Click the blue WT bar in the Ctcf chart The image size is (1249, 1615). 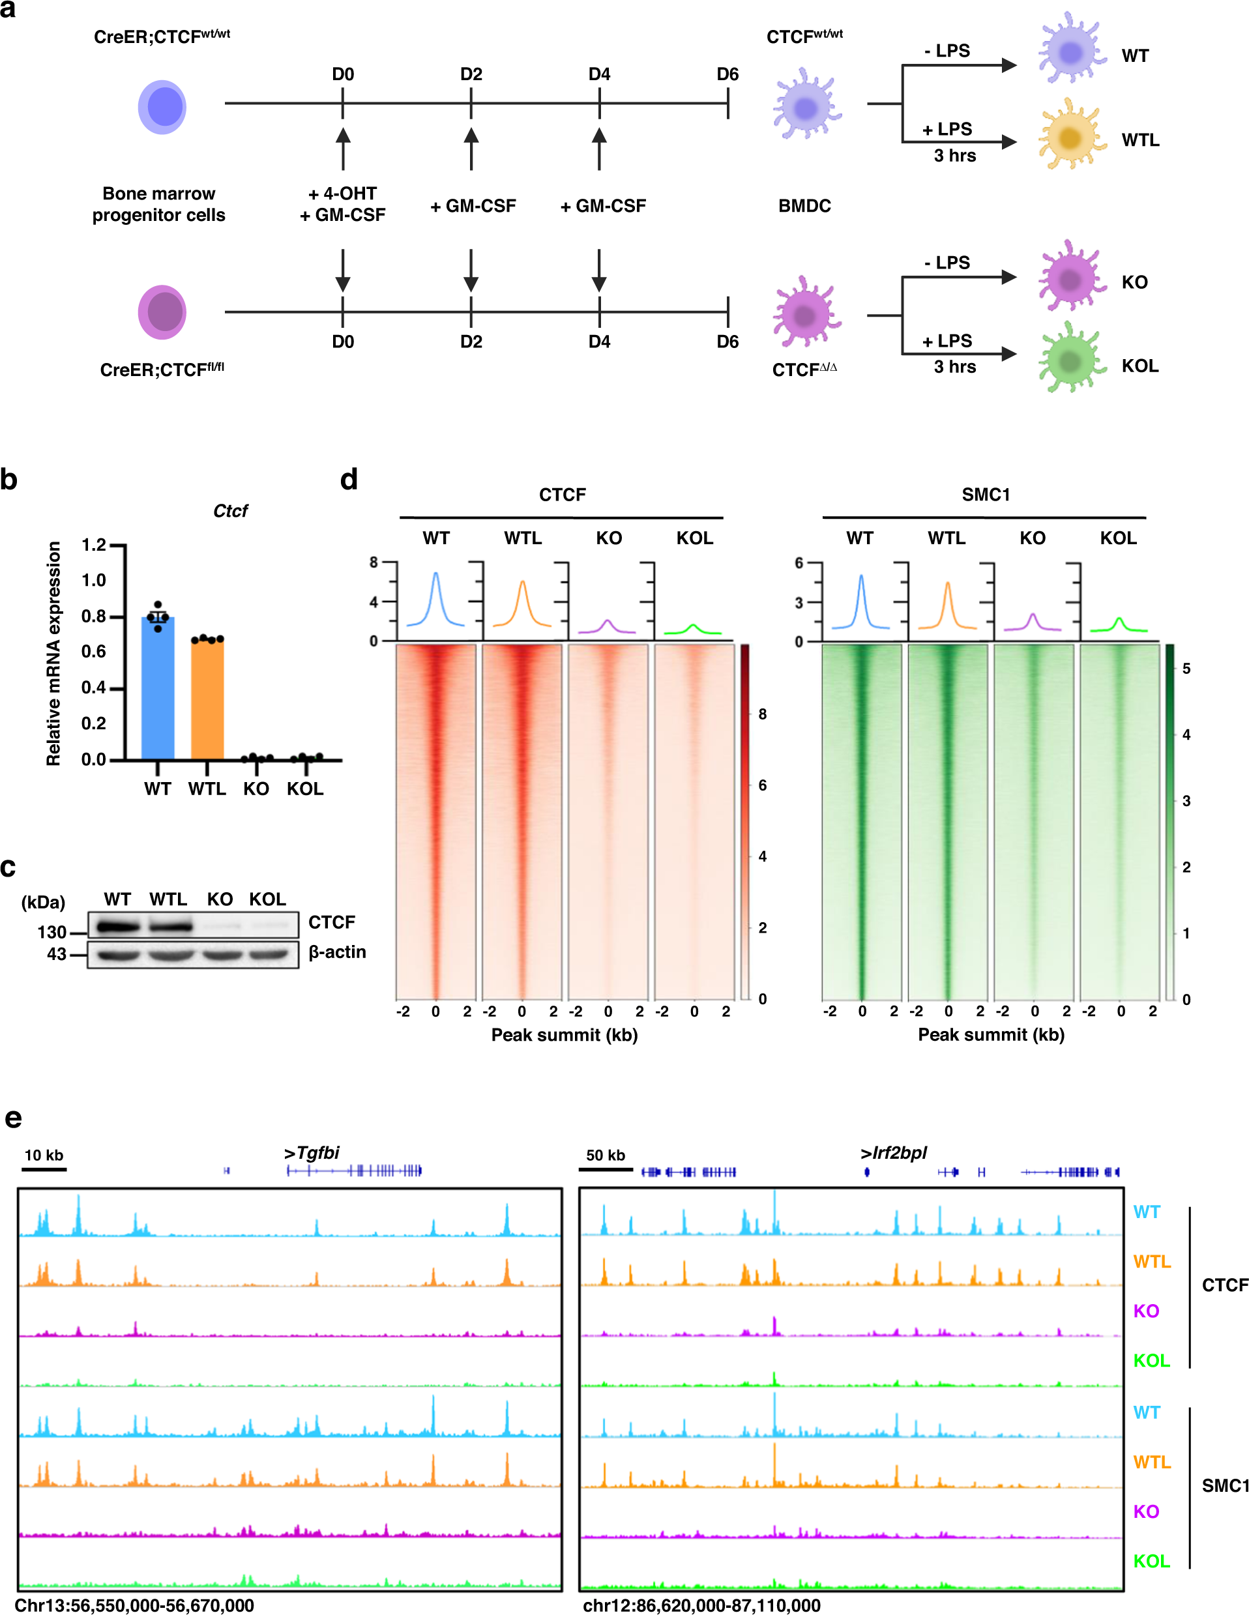coord(158,688)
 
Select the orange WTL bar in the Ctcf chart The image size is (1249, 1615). coord(207,699)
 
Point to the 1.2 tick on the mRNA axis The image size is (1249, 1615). coord(94,545)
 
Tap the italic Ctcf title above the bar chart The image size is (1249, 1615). coord(230,511)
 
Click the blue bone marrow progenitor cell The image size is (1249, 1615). coord(162,108)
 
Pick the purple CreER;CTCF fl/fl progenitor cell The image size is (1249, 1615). coord(162,312)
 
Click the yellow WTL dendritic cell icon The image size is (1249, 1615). coord(1070,138)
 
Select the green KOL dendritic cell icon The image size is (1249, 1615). coord(1070,361)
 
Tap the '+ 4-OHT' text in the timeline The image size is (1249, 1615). coord(342,194)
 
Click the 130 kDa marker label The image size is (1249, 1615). coord(51,932)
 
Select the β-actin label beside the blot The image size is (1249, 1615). coord(337,952)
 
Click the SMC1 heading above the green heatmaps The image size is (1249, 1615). coord(986,495)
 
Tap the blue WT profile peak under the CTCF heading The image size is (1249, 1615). coord(435,574)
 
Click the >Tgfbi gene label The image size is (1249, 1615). coord(312,1153)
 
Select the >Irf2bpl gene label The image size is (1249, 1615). coord(893,1153)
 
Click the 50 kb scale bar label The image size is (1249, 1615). coord(606,1155)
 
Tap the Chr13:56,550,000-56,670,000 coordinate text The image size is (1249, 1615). coord(134,1605)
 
